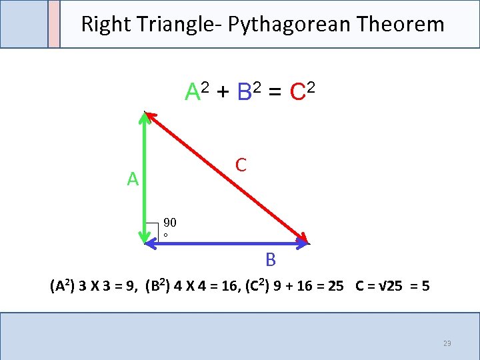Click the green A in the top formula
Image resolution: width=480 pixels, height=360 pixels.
pos(193,91)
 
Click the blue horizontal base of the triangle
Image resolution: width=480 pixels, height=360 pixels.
pos(227,245)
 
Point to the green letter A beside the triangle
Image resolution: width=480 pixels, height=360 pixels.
pos(133,179)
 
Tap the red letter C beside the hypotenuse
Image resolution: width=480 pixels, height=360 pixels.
pos(241,164)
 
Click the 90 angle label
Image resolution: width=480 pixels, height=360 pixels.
pos(169,223)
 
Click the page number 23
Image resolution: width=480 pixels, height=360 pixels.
pos(447,343)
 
